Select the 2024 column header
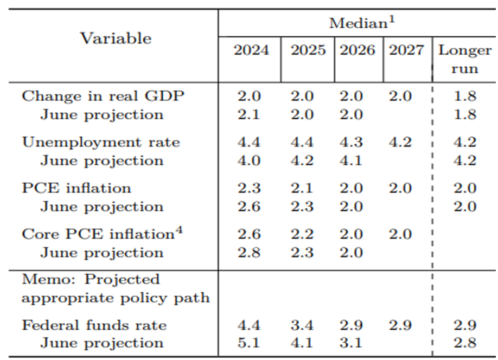[251, 50]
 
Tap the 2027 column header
[406, 50]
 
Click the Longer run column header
[465, 59]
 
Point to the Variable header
[116, 38]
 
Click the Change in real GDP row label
[103, 96]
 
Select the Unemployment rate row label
[101, 142]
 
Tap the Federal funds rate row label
[94, 325]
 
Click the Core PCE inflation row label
[98, 234]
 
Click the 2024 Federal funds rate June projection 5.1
[248, 343]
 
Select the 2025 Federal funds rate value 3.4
[302, 325]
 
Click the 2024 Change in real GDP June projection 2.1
[248, 114]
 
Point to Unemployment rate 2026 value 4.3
[351, 142]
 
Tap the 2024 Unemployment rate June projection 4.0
[248, 160]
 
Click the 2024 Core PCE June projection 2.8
[248, 253]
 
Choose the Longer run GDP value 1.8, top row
[465, 96]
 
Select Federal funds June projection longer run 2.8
[465, 343]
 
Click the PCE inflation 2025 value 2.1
[302, 188]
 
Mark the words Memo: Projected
[91, 280]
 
